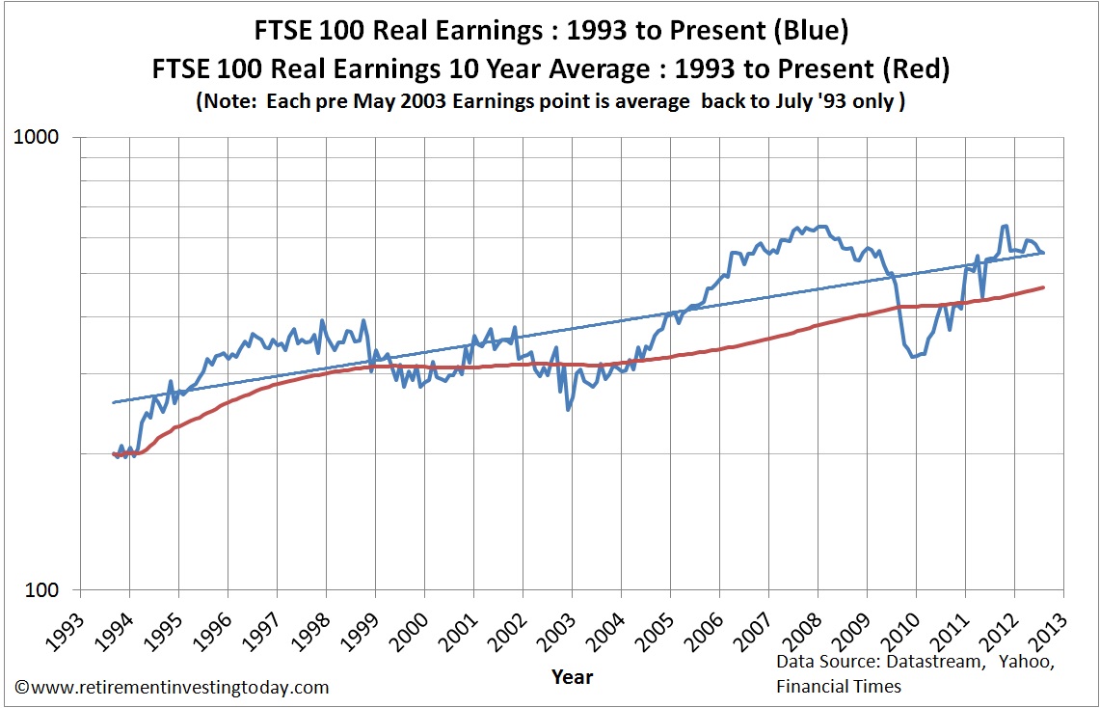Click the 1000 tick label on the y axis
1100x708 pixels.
(40, 137)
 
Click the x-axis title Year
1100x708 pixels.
(572, 676)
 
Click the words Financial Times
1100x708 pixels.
(838, 686)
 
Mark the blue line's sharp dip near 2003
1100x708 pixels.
(568, 409)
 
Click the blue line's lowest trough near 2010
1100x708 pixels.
(913, 357)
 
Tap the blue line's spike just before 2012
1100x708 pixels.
(1005, 226)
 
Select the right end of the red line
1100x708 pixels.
(1044, 286)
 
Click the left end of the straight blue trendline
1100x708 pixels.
(114, 402)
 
